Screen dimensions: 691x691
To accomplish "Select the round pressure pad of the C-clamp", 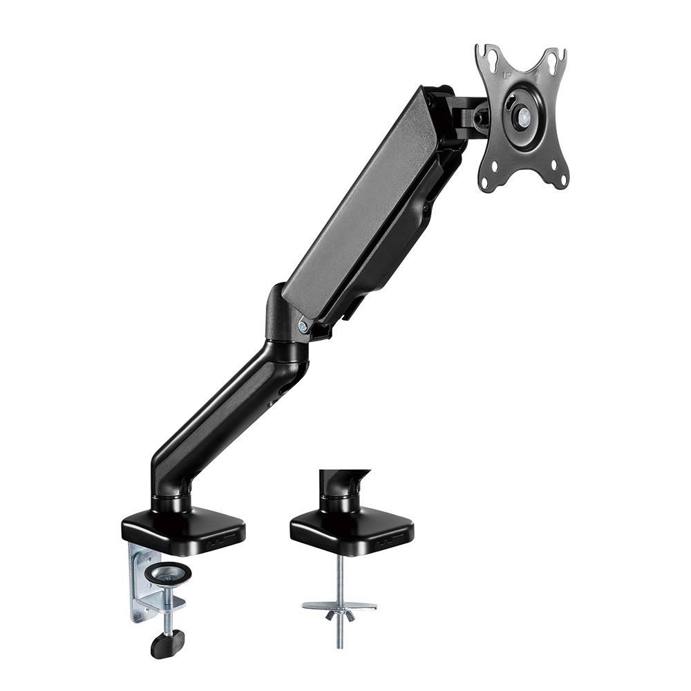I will (167, 571).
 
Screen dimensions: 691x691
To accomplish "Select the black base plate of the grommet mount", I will (351, 529).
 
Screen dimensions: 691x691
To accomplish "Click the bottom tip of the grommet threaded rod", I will (339, 645).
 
